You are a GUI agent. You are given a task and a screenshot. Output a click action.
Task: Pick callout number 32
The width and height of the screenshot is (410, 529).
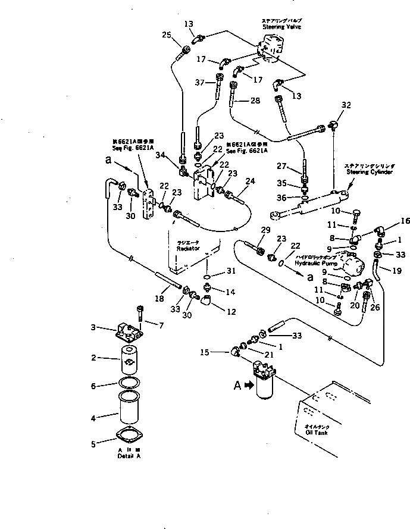(x=346, y=105)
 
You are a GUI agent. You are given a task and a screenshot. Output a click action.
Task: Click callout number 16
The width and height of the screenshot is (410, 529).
(x=389, y=220)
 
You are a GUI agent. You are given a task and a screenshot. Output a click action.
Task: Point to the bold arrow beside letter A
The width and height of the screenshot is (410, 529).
(x=246, y=386)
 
